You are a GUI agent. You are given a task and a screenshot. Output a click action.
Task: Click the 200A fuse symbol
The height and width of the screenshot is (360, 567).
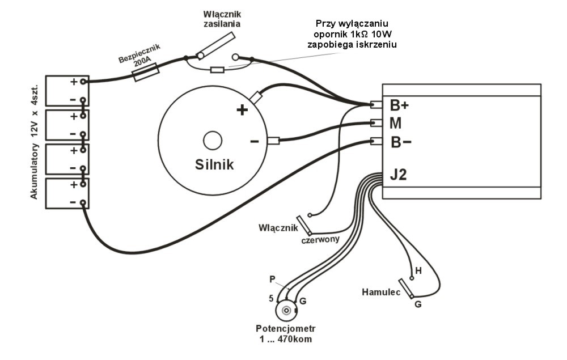coord(146,73)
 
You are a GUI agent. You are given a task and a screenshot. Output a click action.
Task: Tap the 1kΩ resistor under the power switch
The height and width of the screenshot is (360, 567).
coord(217,70)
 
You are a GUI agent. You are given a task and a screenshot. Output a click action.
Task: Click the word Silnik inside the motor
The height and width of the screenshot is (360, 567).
coord(214,165)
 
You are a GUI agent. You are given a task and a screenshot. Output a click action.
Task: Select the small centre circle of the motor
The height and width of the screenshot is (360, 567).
coord(213,141)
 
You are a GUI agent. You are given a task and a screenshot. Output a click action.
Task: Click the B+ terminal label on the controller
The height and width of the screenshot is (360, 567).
coord(399,105)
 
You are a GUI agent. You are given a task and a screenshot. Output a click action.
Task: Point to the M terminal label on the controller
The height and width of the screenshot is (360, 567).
coord(396,123)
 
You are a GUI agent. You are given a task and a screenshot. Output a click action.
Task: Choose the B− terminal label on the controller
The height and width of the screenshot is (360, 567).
coord(401,142)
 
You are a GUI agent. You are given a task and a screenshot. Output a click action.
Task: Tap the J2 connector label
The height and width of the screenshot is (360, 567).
coord(399,175)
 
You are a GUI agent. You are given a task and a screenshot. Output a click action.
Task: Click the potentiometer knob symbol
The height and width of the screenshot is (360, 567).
coord(286,311)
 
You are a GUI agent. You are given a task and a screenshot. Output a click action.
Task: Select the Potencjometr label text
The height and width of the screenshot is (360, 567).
coord(286,329)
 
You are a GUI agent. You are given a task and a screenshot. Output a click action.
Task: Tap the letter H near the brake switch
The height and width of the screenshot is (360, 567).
coord(418,271)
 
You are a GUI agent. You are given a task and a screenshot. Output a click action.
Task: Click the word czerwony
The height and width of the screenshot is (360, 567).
coord(320,239)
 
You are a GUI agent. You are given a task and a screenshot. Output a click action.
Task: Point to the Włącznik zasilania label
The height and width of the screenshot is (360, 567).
coord(222,19)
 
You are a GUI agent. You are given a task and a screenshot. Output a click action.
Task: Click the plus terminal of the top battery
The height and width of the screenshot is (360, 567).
coord(83,82)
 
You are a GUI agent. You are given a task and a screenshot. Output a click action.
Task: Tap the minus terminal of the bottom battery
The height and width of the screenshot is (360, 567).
coord(83,203)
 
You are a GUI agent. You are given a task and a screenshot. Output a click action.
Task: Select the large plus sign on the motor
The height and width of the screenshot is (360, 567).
coord(242,109)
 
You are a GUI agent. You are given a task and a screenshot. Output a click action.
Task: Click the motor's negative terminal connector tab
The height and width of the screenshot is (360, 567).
coord(273,141)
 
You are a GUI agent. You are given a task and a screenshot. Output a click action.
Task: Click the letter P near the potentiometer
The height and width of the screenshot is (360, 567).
coord(272,279)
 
